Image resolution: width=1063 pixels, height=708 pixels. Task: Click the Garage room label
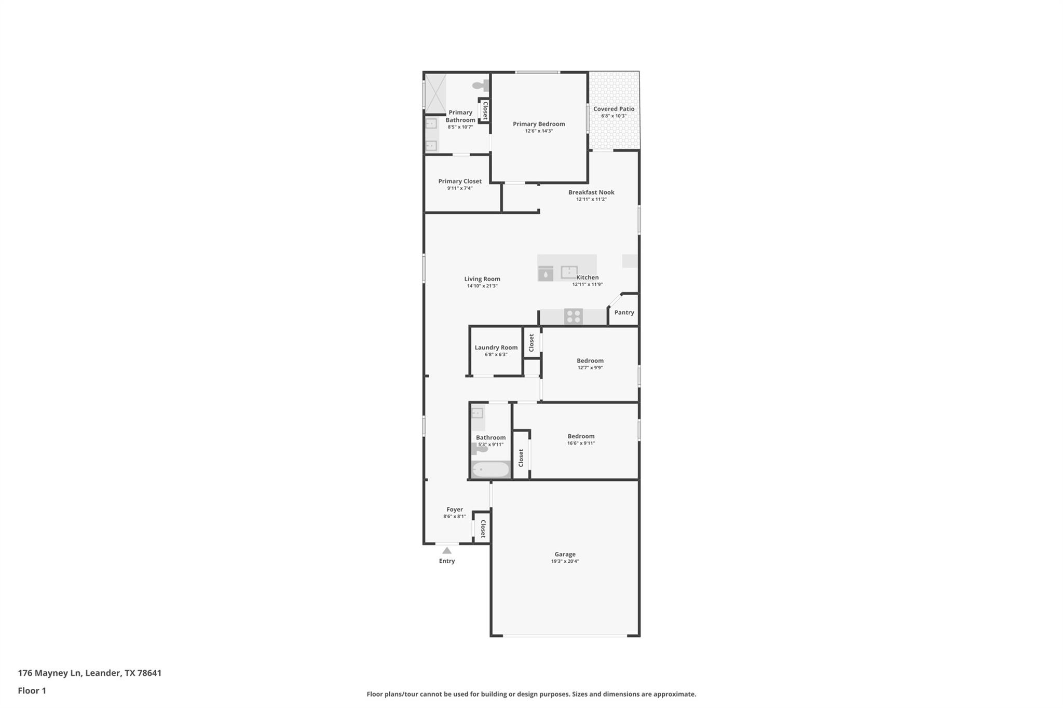(x=565, y=554)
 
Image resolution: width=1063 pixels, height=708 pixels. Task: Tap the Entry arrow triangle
(x=447, y=550)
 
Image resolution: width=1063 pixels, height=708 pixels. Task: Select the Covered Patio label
(x=614, y=109)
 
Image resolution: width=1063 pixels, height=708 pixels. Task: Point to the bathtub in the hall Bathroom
(x=490, y=469)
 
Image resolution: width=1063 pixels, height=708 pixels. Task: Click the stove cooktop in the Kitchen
(x=573, y=316)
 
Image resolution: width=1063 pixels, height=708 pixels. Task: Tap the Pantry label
(x=624, y=312)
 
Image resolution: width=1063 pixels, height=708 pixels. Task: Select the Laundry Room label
(x=496, y=348)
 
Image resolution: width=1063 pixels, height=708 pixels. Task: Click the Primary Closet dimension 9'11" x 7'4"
(x=460, y=188)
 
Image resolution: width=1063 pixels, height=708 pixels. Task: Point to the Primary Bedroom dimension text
(x=539, y=131)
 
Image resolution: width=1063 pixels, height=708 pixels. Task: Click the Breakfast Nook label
(x=591, y=192)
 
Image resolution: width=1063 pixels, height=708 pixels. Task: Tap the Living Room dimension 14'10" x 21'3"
(x=482, y=286)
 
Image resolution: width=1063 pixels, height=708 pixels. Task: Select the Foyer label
(x=455, y=509)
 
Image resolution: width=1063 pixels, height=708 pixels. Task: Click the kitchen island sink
(x=569, y=272)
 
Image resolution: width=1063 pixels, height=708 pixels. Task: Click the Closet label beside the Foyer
(x=483, y=529)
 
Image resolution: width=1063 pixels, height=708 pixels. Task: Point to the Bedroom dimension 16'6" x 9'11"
(x=581, y=443)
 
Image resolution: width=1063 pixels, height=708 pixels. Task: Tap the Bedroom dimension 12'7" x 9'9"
(x=590, y=368)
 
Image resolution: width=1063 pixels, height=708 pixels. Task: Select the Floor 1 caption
(x=32, y=691)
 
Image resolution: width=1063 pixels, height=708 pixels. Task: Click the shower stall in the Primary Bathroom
(x=435, y=94)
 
